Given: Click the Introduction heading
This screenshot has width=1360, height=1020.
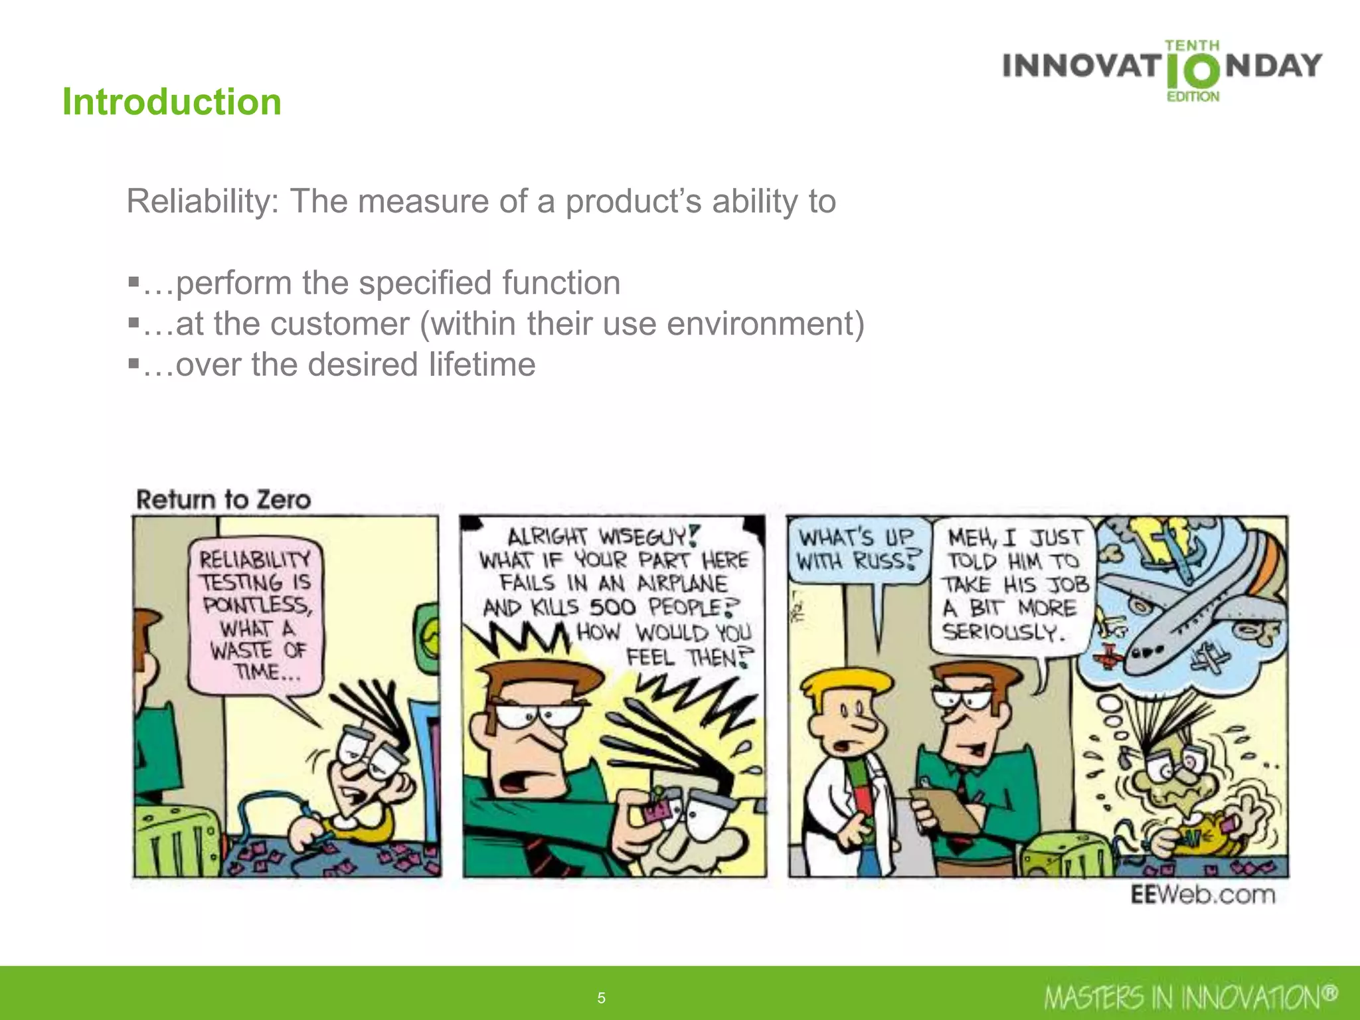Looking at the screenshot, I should click(172, 102).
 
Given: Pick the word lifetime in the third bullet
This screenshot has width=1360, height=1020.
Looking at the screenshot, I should click(481, 365).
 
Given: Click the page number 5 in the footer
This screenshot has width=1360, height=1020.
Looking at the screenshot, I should click(601, 997).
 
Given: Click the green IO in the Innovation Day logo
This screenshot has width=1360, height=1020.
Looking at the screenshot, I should click(1193, 72).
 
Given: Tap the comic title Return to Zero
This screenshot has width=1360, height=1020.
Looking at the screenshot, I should click(223, 499).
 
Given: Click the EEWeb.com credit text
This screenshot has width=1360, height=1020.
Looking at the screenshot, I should click(1203, 894).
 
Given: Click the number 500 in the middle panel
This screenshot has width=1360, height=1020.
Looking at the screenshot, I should click(612, 607).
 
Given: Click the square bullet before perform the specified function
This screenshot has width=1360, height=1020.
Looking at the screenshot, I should click(133, 284).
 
